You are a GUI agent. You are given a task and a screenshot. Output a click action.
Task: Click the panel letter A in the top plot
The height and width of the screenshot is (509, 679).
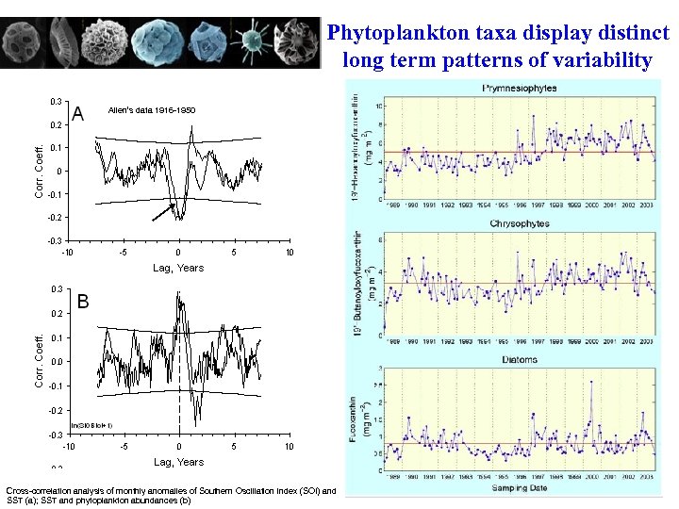[78, 114]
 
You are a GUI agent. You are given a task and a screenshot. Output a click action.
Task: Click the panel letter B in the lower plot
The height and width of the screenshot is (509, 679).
[83, 303]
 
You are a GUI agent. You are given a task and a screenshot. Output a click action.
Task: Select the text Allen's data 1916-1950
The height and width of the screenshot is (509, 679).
[152, 110]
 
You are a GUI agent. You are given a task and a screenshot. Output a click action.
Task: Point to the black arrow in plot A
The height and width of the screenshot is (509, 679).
[163, 213]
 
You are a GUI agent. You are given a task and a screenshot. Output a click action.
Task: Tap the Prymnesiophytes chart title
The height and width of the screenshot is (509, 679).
[519, 88]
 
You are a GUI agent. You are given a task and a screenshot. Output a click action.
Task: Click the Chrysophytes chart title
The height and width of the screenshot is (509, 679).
[519, 223]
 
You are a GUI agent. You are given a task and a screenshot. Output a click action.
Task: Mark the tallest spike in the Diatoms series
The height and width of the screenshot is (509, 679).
[591, 382]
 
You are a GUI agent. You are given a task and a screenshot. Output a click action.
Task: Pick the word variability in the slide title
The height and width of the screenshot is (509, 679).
[605, 61]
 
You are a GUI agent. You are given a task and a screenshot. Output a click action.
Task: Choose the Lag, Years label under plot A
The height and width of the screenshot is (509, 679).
[178, 268]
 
